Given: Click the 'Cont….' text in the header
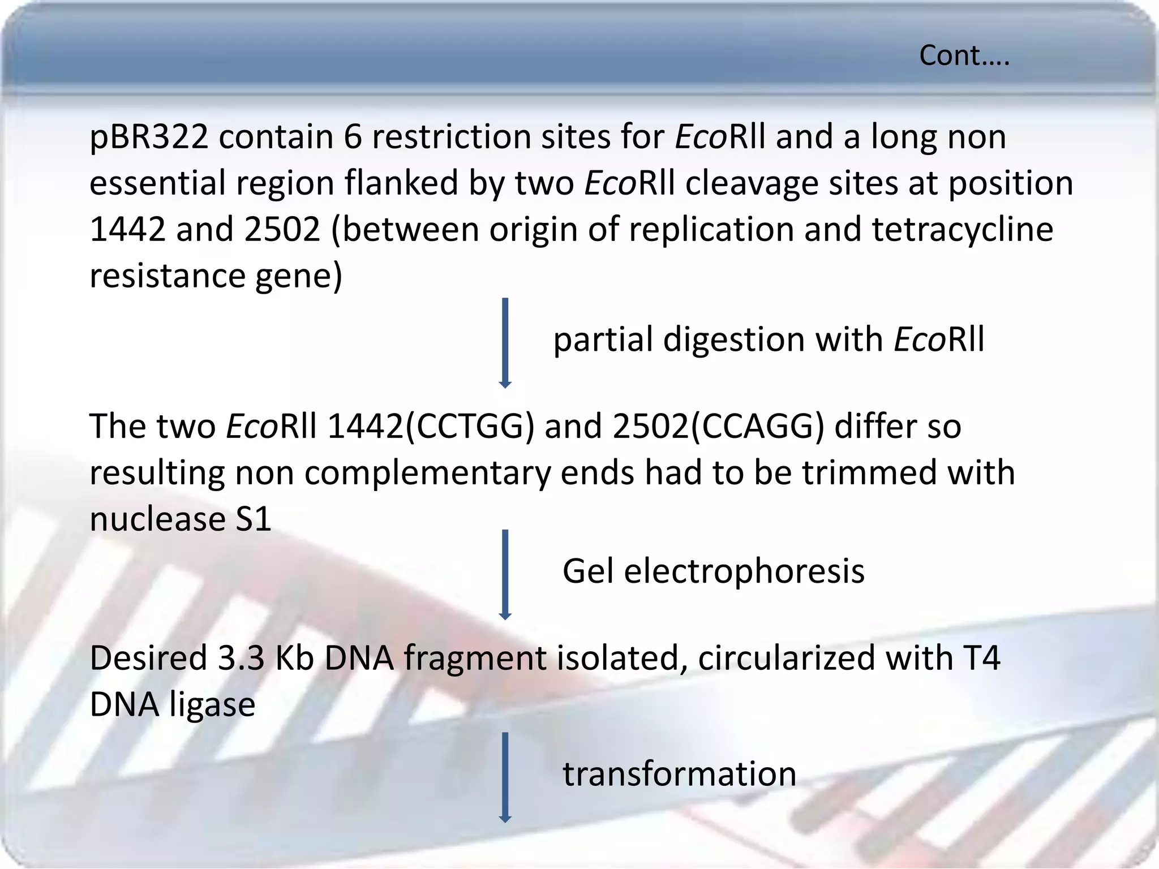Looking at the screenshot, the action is click(x=964, y=56).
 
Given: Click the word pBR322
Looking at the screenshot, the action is click(x=149, y=137).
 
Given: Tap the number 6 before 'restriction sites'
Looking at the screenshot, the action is click(x=352, y=137).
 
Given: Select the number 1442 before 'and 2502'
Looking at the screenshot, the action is click(x=127, y=229).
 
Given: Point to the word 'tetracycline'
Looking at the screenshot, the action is click(x=962, y=229).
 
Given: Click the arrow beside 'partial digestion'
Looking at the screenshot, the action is click(x=505, y=342).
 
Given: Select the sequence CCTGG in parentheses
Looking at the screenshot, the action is click(x=470, y=426).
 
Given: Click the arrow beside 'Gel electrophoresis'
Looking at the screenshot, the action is click(x=505, y=574).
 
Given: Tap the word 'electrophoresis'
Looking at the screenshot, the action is click(x=744, y=571).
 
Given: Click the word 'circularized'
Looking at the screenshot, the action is click(x=786, y=658).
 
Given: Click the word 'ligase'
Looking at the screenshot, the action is click(x=212, y=705).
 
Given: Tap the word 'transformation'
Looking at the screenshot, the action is click(x=679, y=774).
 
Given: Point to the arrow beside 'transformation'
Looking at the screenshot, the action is click(x=505, y=777).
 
